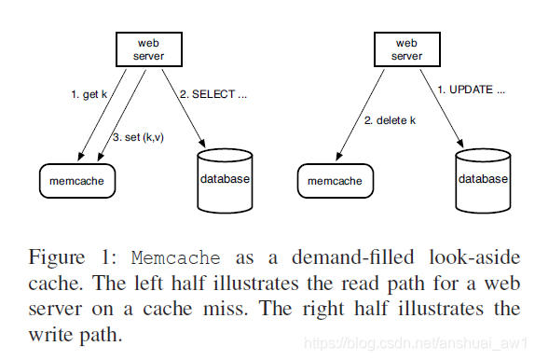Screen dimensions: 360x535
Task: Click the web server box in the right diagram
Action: tap(406, 49)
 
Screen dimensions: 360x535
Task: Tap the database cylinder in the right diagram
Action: tap(483, 178)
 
